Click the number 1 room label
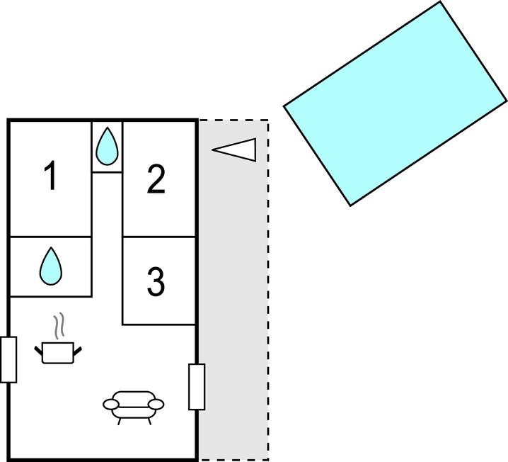[x=50, y=176]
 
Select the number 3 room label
[x=156, y=281]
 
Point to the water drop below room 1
[x=50, y=266]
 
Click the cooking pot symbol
[x=58, y=351]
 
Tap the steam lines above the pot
[x=61, y=325]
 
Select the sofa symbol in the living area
[x=133, y=406]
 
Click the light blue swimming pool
[x=396, y=103]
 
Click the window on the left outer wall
[x=8, y=359]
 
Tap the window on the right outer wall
[x=197, y=386]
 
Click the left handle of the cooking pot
[x=39, y=349]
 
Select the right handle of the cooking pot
[x=78, y=349]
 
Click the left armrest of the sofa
[x=111, y=405]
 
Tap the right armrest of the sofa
[x=156, y=405]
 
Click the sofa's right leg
[x=149, y=420]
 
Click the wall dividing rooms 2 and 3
[x=159, y=237]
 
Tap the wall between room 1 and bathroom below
[x=50, y=237]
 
